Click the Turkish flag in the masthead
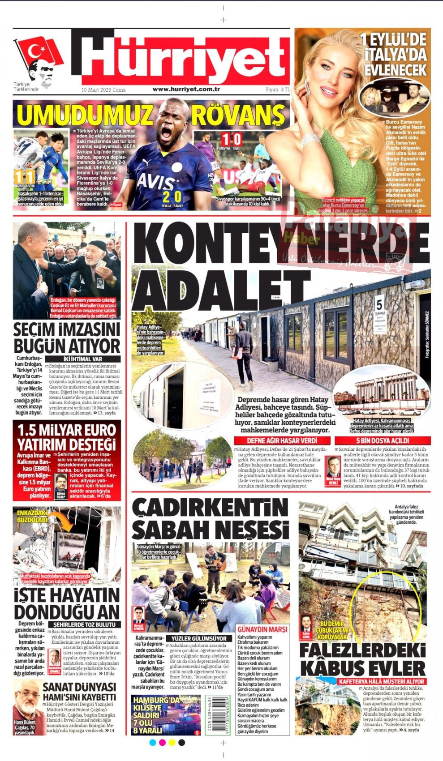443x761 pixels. (x=39, y=51)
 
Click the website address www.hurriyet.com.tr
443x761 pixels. (x=186, y=89)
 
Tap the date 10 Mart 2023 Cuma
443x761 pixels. (x=103, y=90)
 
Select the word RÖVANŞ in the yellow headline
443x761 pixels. (x=237, y=115)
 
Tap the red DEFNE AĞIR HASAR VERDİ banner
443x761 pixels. (x=282, y=440)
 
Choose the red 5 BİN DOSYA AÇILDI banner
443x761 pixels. (x=383, y=440)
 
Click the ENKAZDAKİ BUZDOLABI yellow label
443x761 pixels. (x=32, y=516)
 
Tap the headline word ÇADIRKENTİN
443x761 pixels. (x=210, y=508)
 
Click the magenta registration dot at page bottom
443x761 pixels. (x=162, y=743)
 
